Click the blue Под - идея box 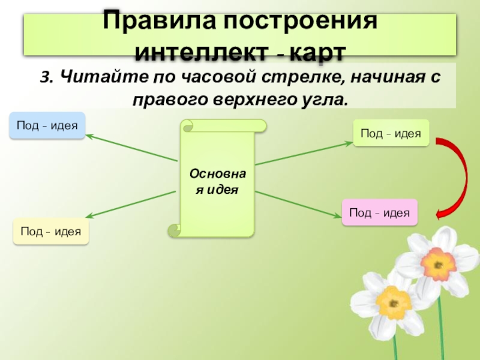click(x=47, y=125)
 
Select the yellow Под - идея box click(x=51, y=232)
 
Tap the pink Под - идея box click(x=379, y=212)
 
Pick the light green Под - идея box click(x=391, y=133)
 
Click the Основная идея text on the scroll click(x=217, y=181)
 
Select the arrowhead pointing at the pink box click(x=338, y=208)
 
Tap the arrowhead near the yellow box click(x=90, y=217)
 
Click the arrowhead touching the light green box click(x=349, y=143)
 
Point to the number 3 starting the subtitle click(x=45, y=77)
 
